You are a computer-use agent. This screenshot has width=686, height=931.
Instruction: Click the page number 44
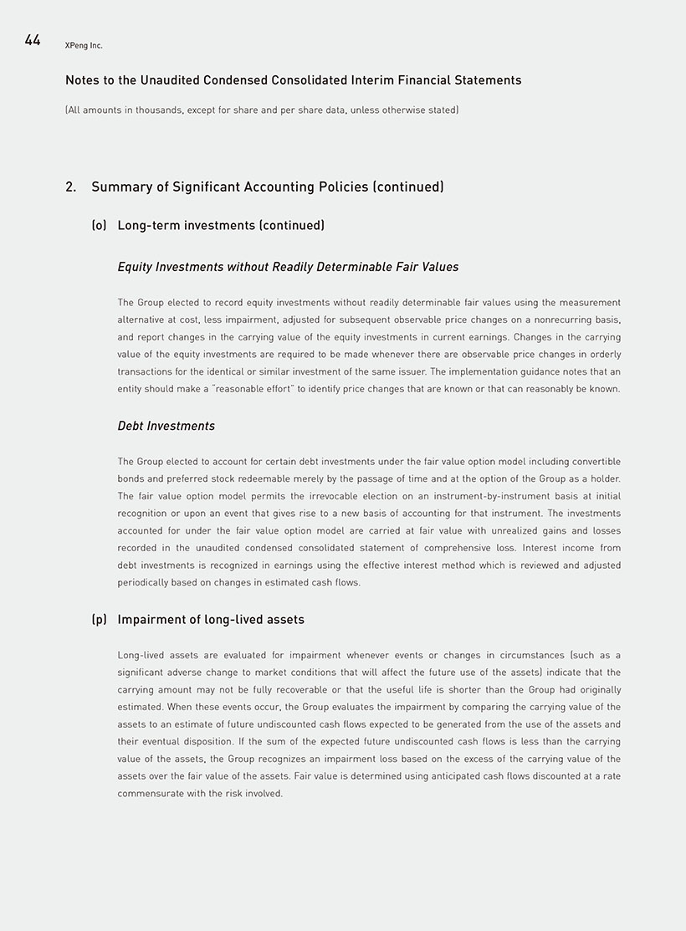point(33,40)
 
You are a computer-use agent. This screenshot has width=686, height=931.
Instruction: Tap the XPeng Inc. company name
point(84,46)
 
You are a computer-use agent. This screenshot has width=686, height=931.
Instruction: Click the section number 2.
point(70,187)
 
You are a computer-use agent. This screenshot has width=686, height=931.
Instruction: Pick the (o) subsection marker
point(99,225)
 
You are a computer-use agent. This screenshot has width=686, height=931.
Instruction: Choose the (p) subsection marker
point(99,620)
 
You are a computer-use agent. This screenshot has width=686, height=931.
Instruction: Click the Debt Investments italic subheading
point(166,426)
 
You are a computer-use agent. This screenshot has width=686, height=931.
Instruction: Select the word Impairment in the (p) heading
point(152,620)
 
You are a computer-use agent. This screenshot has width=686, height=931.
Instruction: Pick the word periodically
point(145,583)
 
